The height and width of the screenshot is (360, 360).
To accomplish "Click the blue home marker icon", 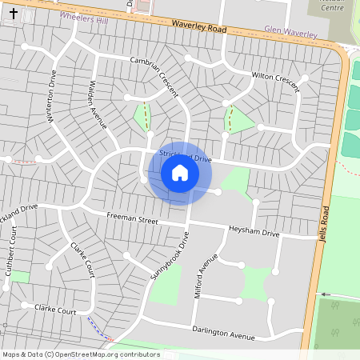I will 180,173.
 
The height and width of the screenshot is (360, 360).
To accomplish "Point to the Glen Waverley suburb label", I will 291,31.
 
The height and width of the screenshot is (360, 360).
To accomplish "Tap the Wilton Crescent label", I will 275,76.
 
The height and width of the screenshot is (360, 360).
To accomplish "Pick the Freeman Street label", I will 133,218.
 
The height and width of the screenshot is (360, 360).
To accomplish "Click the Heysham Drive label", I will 254,232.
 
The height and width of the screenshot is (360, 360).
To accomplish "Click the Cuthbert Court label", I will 12,256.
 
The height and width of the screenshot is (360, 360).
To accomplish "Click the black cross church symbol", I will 13,14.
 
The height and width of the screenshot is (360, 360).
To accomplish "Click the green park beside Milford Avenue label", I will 186,285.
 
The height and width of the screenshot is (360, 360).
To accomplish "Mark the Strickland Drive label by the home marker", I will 186,157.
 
